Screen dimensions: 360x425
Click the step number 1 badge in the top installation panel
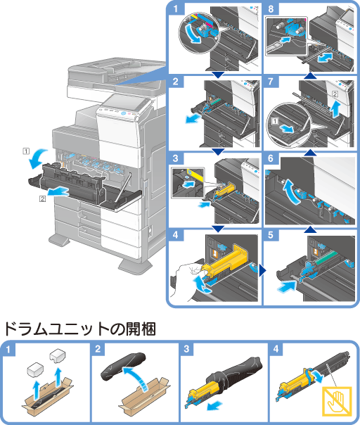[176, 8]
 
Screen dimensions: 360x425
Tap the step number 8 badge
[271, 8]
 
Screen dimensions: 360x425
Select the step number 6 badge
[271, 158]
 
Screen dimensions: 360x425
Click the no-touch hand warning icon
[337, 401]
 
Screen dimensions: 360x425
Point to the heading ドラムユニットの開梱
[80, 329]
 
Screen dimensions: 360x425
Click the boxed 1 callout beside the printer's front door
[26, 151]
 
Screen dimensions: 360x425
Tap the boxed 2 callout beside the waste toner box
[42, 199]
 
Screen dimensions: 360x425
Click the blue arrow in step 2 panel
[193, 118]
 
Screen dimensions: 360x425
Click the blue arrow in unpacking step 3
[214, 406]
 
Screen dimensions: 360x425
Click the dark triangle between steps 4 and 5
[262, 270]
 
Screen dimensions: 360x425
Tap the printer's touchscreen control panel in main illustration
[123, 103]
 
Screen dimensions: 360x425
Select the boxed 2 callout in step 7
[335, 94]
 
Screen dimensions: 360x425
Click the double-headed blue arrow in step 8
[326, 58]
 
